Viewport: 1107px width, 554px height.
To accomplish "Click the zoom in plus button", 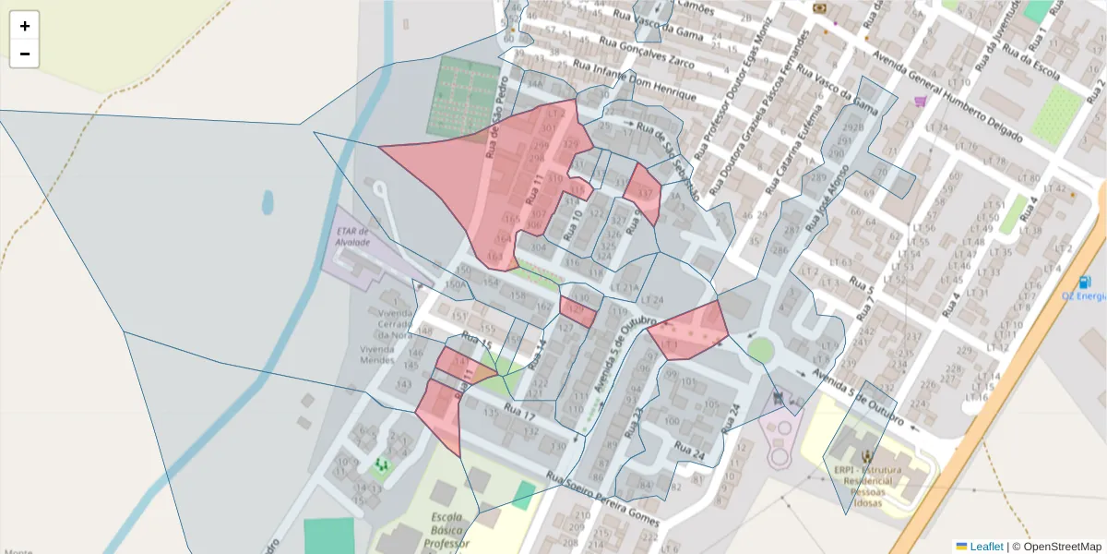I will [x=25, y=26].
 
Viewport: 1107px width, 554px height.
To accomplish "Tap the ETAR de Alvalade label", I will [x=353, y=236].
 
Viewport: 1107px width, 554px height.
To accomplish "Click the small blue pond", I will [x=268, y=201].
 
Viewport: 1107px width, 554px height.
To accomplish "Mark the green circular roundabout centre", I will [x=760, y=350].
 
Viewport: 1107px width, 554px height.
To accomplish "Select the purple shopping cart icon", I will [x=919, y=101].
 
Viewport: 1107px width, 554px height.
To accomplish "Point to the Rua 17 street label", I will [x=522, y=415].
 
